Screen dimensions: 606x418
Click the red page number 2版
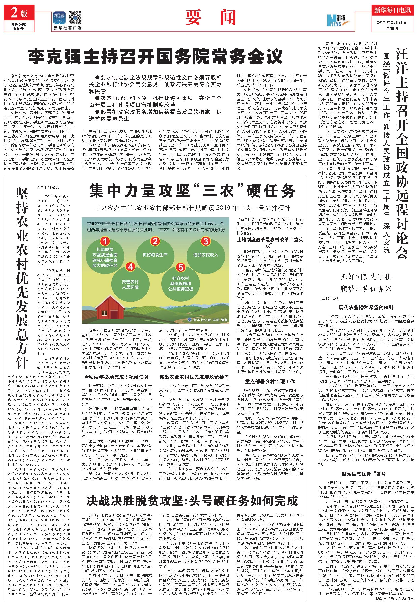pyautogui.click(x=19, y=13)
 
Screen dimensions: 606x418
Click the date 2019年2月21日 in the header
pyautogui.click(x=392, y=23)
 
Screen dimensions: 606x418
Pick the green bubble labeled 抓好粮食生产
pyautogui.click(x=155, y=254)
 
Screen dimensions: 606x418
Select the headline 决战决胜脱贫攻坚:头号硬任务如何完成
pyautogui.click(x=192, y=501)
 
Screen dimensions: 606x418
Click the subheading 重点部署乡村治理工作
pyautogui.click(x=270, y=381)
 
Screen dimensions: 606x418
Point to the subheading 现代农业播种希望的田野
pyautogui.click(x=366, y=307)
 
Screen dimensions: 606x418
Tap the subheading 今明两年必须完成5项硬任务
pyautogui.click(x=116, y=377)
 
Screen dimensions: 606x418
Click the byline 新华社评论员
pyautogui.click(x=48, y=187)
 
